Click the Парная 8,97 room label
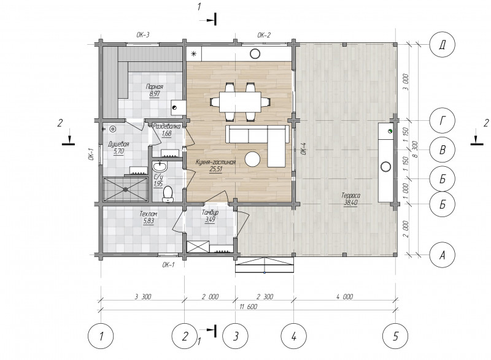pyautogui.click(x=155, y=90)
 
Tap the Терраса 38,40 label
pyautogui.click(x=350, y=199)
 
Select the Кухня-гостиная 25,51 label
pyautogui.click(x=215, y=166)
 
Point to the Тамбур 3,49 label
pyautogui.click(x=210, y=216)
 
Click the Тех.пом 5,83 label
pyautogui.click(x=149, y=218)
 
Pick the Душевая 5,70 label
pyautogui.click(x=118, y=148)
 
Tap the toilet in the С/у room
pyautogui.click(x=168, y=194)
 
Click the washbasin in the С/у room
pyautogui.click(x=160, y=166)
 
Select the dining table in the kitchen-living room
pyautogui.click(x=240, y=102)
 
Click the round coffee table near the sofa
pyautogui.click(x=252, y=159)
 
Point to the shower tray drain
pyautogui.click(x=126, y=189)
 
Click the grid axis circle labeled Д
pyautogui.click(x=442, y=44)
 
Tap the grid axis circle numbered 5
pyautogui.click(x=395, y=336)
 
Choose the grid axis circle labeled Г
pyautogui.click(x=442, y=121)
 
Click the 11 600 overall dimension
pyautogui.click(x=249, y=307)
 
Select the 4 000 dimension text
pyautogui.click(x=344, y=296)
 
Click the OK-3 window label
pyautogui.click(x=143, y=35)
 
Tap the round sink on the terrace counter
pyautogui.click(x=386, y=167)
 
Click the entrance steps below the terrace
pyautogui.click(x=265, y=265)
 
